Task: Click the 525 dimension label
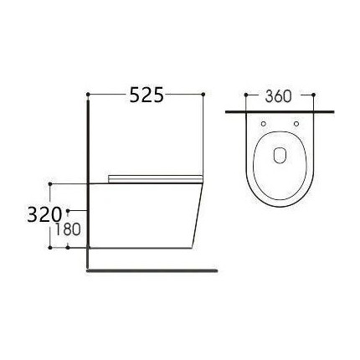(146, 95)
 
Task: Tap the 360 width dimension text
(278, 96)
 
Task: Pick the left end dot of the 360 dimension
(244, 96)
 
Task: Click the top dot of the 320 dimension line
(51, 183)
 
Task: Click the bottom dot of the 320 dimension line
(51, 248)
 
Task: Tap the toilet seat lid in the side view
(155, 177)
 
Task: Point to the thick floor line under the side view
(151, 270)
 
